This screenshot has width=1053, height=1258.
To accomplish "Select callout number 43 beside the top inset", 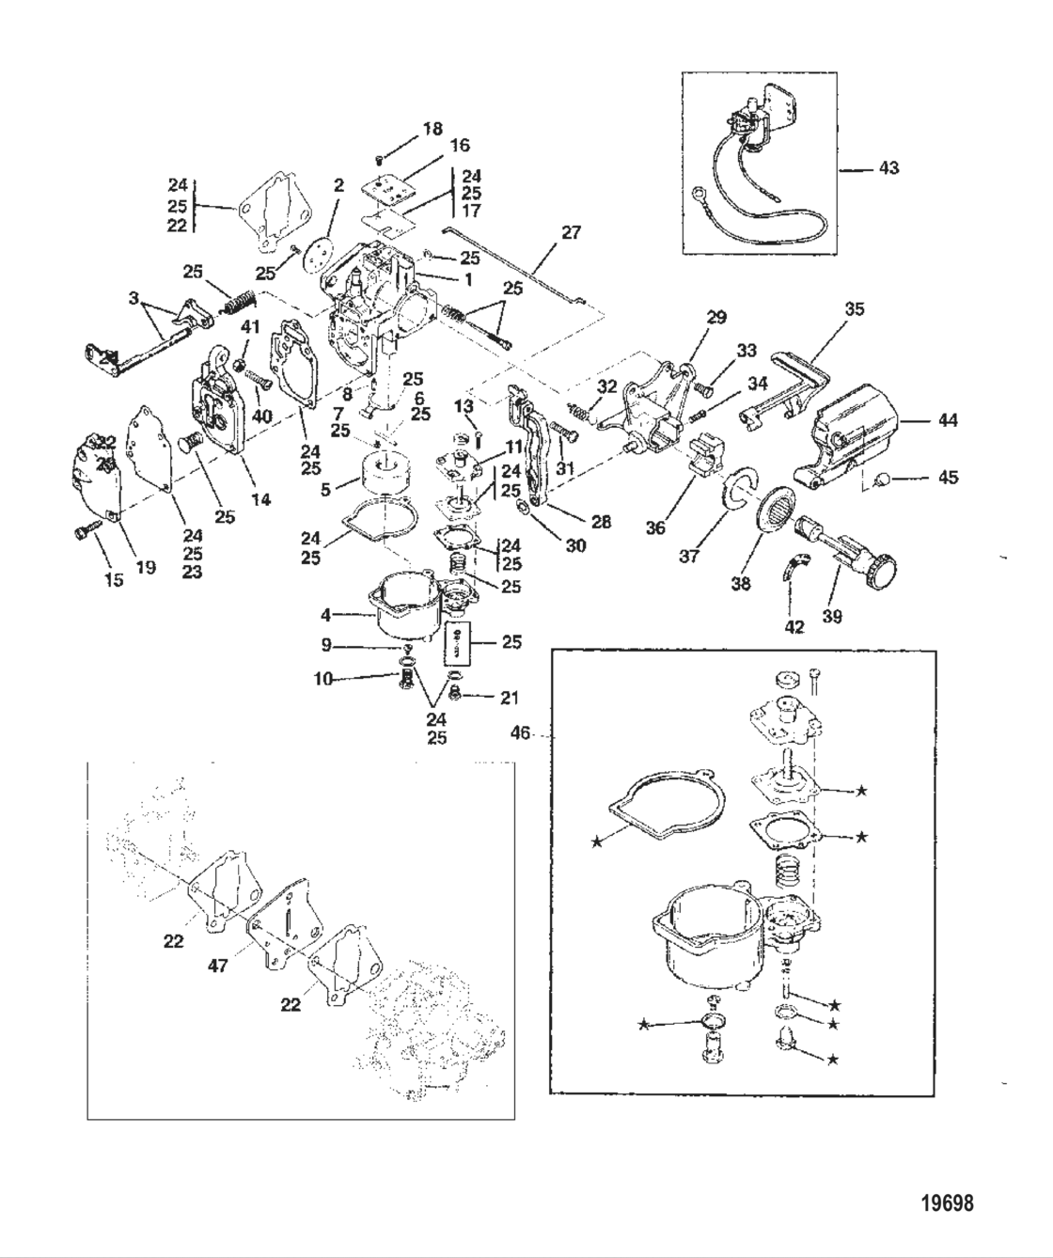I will coord(888,168).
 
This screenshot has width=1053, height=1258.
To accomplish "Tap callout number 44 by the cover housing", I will coord(948,420).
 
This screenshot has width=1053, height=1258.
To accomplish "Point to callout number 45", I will coord(948,478).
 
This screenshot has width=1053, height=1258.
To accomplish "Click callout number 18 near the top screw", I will coord(432,129).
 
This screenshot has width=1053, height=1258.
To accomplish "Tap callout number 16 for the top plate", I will coord(459,146).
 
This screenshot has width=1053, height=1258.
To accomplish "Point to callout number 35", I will coord(855,308).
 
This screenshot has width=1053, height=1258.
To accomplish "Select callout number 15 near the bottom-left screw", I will coord(113,580).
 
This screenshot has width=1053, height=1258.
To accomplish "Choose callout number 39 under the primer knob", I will coord(832,617).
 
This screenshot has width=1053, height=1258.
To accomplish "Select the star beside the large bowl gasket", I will coord(597,841).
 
